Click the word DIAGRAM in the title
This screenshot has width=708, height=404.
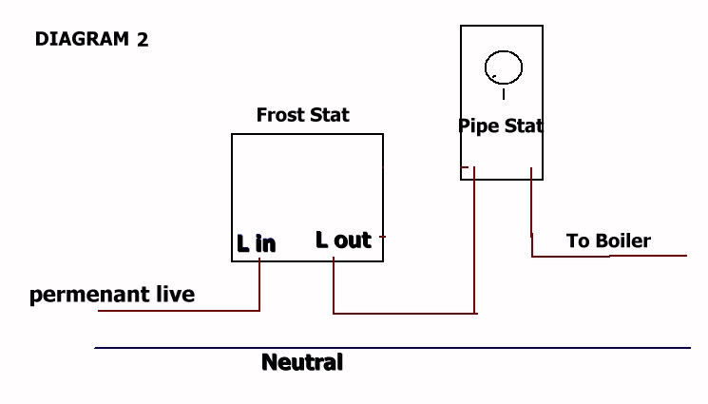(82, 39)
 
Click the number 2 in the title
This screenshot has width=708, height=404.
(143, 40)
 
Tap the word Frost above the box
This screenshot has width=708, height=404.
(281, 115)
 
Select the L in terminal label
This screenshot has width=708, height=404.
(256, 243)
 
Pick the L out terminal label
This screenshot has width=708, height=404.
(344, 240)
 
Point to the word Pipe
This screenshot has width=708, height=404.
(479, 126)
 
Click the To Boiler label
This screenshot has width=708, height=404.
(608, 240)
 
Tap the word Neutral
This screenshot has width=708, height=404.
(302, 362)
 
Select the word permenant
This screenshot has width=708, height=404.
(90, 295)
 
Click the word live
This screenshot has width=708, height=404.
(176, 294)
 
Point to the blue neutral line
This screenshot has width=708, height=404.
(392, 348)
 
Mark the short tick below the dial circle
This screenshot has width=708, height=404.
(504, 94)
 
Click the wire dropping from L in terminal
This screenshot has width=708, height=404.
(259, 284)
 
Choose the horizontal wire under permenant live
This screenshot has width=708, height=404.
(179, 311)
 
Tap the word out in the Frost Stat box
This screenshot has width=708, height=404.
(353, 240)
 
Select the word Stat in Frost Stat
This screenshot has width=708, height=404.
(330, 115)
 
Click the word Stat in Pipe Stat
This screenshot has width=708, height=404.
(524, 126)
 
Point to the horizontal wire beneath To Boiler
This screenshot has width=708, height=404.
(609, 257)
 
